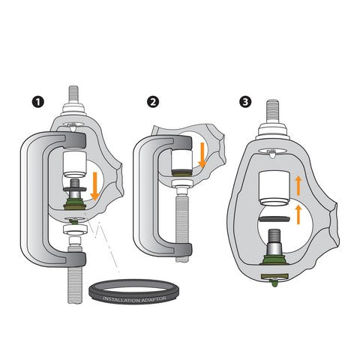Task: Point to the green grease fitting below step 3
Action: click(275, 282)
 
